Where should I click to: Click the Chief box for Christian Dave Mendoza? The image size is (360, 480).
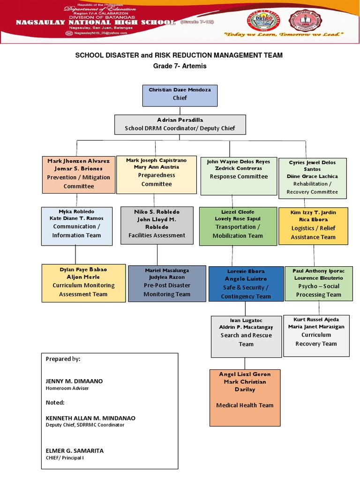tap(180, 95)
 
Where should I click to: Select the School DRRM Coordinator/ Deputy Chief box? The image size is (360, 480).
tap(180, 124)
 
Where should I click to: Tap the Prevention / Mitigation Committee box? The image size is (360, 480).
tap(78, 174)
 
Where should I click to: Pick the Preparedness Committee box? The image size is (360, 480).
tap(156, 174)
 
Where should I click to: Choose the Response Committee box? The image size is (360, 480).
tap(239, 176)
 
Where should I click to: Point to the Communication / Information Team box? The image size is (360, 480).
tap(76, 226)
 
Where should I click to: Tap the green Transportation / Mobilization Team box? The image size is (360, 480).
tap(238, 226)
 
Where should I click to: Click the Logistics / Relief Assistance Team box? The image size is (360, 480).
tap(313, 226)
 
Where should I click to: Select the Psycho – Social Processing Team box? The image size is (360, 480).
tap(318, 284)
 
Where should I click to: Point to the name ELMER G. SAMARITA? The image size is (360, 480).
tap(75, 450)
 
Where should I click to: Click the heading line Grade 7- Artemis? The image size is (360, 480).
tap(180, 66)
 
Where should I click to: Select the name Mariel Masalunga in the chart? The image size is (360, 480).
tap(167, 270)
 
